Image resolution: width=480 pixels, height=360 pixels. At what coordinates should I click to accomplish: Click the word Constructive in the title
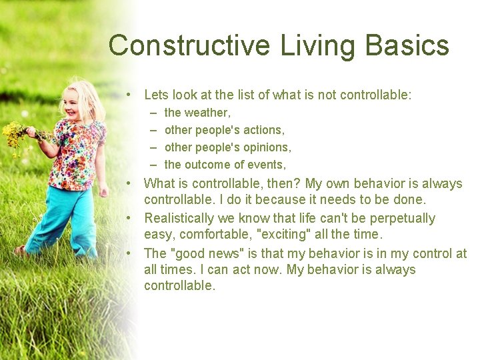(189, 46)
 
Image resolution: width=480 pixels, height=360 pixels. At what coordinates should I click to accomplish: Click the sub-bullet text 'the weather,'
(197, 113)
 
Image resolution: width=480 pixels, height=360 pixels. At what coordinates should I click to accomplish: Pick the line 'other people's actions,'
(224, 130)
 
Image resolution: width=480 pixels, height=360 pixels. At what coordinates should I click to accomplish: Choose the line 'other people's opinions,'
(227, 147)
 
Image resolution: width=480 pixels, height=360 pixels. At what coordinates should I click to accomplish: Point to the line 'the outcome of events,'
(225, 165)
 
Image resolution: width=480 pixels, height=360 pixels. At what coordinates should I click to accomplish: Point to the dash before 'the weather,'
(154, 113)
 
